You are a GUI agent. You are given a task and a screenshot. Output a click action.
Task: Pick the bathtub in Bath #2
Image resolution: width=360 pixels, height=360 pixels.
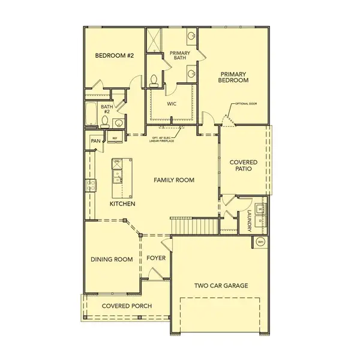(91, 114)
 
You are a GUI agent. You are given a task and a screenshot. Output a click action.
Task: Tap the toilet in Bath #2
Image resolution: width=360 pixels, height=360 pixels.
(105, 122)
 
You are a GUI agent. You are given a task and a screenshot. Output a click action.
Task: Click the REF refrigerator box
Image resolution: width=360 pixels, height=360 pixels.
(115, 139)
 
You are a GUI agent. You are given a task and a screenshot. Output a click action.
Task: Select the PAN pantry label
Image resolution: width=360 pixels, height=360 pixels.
(95, 140)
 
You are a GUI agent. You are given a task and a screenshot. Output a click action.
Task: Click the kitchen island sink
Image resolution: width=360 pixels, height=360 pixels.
(118, 175)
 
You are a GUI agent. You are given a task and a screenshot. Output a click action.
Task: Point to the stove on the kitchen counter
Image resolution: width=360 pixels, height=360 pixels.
(92, 185)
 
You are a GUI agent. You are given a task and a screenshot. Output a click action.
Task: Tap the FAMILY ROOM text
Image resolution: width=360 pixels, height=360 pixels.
(173, 179)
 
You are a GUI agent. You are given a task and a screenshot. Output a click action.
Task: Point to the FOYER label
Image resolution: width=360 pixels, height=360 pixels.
(156, 259)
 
